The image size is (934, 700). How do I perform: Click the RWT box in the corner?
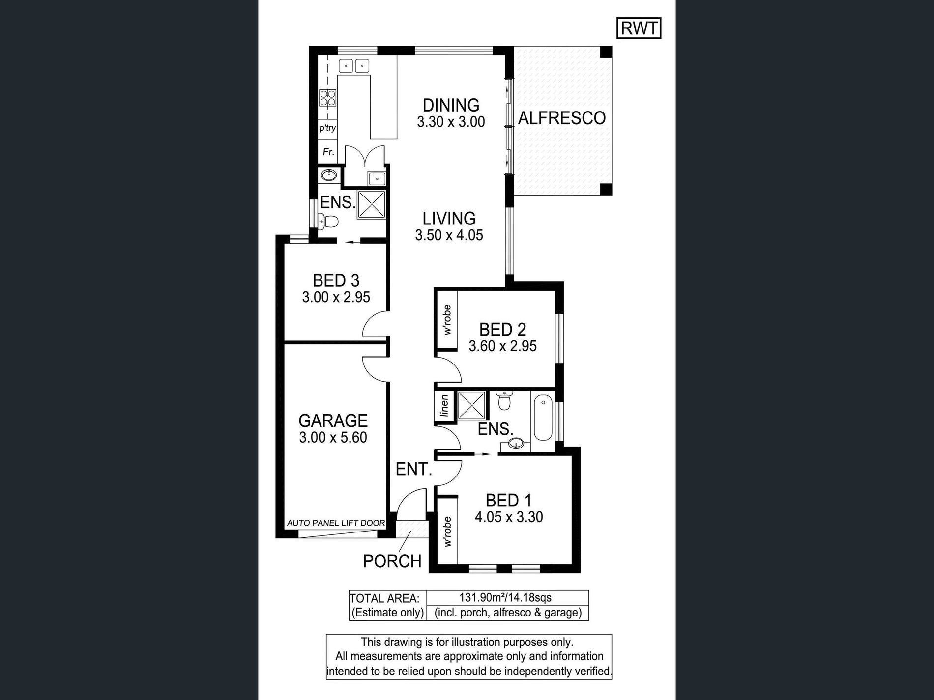click(639, 28)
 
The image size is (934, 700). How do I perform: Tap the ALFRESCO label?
click(562, 118)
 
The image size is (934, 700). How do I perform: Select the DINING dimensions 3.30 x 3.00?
click(451, 122)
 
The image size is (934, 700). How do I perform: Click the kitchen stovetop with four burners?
click(328, 98)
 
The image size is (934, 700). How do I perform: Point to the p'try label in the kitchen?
click(327, 128)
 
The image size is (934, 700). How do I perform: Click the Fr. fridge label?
click(328, 152)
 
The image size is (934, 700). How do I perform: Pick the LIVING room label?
click(449, 218)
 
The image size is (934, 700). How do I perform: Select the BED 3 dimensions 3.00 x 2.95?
click(336, 297)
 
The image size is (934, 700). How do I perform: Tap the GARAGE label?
click(333, 420)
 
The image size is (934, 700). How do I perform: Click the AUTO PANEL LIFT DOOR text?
click(336, 523)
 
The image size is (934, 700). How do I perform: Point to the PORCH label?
click(392, 561)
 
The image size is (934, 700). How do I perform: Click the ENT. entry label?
click(414, 470)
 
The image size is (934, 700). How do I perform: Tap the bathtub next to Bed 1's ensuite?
click(542, 419)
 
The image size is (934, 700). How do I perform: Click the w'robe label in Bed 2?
click(447, 320)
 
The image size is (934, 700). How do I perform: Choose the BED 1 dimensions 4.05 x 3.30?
click(509, 517)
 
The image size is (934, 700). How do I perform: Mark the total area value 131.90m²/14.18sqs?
click(505, 598)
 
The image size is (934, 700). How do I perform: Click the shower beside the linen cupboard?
click(471, 406)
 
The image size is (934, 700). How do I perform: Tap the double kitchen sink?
click(354, 65)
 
